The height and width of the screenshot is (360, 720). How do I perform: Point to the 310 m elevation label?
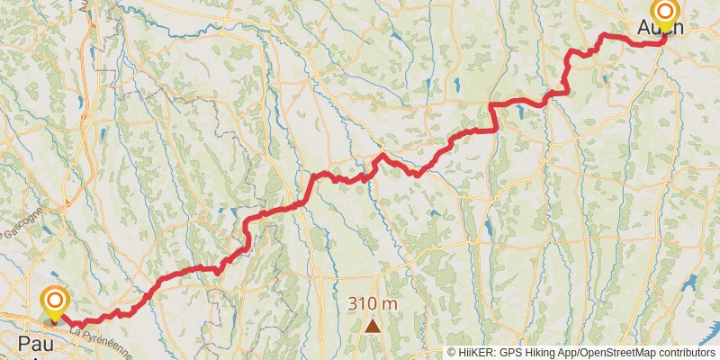[x=373, y=304]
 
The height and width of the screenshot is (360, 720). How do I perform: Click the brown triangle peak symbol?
[x=373, y=325]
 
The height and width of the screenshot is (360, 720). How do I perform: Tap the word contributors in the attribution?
[x=688, y=353]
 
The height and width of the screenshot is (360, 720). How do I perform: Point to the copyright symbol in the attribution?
[x=452, y=353]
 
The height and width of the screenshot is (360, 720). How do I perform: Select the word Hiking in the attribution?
[x=542, y=353]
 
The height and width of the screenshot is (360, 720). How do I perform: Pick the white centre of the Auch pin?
[x=665, y=11]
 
